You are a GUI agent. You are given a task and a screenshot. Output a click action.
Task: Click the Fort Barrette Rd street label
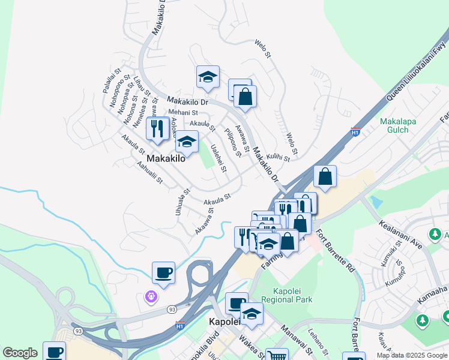(x=334, y=251)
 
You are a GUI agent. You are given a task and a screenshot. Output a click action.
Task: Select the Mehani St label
(x=182, y=112)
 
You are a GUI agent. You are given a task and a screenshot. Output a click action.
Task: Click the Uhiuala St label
(x=182, y=202)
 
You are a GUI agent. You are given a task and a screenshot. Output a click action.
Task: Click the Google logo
(x=20, y=353)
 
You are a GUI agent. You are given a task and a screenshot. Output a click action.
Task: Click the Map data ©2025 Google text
(x=411, y=355)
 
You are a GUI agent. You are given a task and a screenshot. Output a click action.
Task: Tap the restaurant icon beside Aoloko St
(x=157, y=128)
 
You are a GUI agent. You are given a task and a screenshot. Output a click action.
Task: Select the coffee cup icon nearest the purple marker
(x=163, y=273)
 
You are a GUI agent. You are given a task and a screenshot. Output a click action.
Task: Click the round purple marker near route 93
(x=151, y=296)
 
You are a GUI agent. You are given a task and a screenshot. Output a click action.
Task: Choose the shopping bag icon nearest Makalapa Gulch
(x=325, y=176)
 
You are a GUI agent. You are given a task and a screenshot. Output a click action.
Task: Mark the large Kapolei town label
(x=224, y=322)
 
